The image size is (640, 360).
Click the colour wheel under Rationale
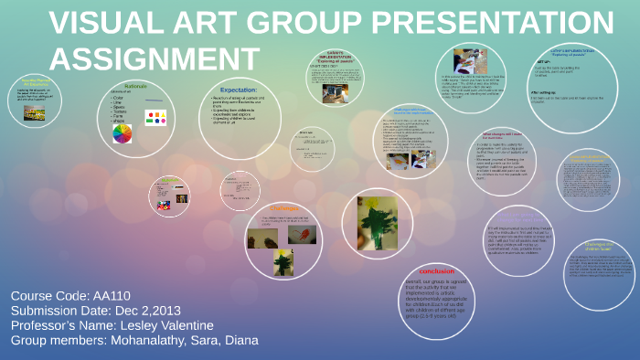coord(121,134)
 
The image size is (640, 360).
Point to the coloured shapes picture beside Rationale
coord(155,118)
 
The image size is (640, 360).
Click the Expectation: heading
coord(239,90)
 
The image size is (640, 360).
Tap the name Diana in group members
coord(239,341)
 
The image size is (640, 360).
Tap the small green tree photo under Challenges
coord(283,262)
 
